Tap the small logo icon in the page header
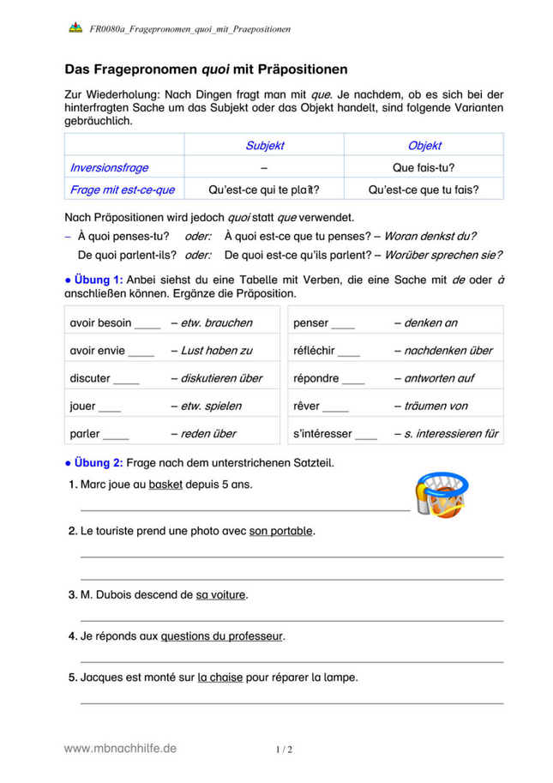pyautogui.click(x=75, y=28)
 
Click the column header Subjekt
pyautogui.click(x=264, y=146)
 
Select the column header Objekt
pyautogui.click(x=424, y=146)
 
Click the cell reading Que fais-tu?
pyautogui.click(x=424, y=168)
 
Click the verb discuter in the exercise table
pyautogui.click(x=90, y=378)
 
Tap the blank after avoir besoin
pyautogui.click(x=147, y=323)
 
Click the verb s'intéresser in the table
pyautogui.click(x=322, y=434)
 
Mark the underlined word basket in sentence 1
pyautogui.click(x=165, y=485)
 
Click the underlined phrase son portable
pyautogui.click(x=281, y=531)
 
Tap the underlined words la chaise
pyautogui.click(x=219, y=677)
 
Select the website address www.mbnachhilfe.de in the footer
pyautogui.click(x=120, y=748)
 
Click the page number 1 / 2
pyautogui.click(x=284, y=750)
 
